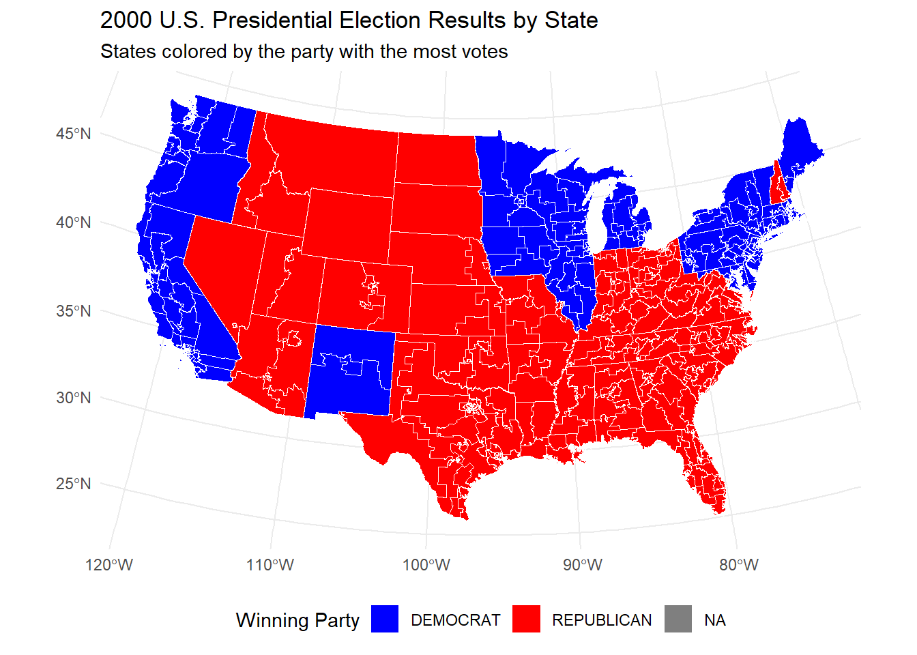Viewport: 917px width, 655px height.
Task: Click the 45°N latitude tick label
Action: (73, 134)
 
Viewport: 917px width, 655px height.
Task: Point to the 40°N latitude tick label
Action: (73, 222)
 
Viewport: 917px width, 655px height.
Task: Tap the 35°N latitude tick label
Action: (73, 311)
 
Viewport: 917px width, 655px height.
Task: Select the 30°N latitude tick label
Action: (73, 398)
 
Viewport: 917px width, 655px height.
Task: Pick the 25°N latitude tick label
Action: (73, 484)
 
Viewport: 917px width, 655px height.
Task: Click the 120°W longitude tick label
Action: (109, 565)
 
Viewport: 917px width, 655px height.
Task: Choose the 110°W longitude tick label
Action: (270, 565)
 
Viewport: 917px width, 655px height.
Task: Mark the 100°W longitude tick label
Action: (426, 565)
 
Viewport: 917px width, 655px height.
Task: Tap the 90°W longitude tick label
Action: (583, 565)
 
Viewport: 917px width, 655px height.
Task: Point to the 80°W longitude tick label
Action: (739, 565)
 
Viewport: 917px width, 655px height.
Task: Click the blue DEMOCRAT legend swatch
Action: (385, 620)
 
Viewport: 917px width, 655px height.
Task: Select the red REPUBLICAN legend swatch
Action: (526, 620)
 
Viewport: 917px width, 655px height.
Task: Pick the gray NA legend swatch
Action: (678, 620)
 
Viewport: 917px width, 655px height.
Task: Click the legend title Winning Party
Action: (297, 620)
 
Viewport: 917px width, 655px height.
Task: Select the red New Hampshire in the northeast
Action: (778, 184)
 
